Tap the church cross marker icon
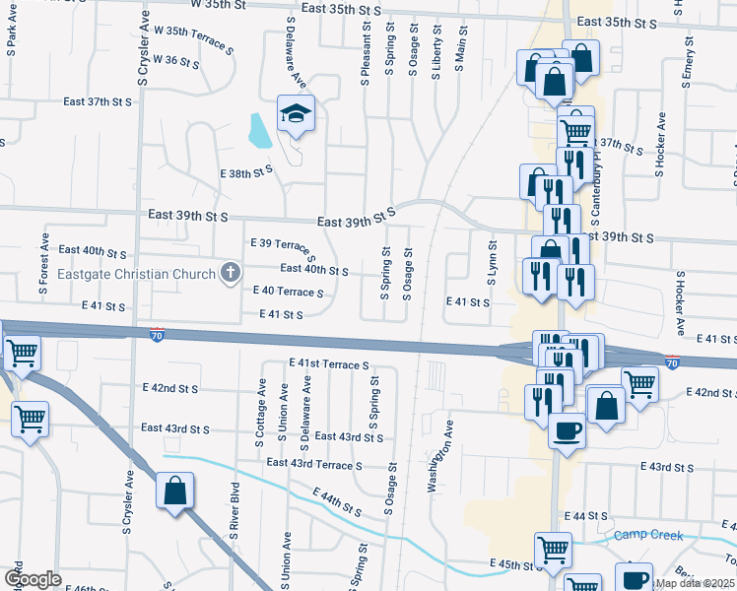point(231,273)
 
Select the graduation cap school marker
point(295,115)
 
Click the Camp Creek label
point(646,535)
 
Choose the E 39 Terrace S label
point(283,249)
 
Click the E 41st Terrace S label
point(329,363)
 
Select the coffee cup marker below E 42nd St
point(566,430)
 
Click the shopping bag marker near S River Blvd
point(174,491)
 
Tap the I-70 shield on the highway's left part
point(158,336)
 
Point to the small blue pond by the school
point(261,131)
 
